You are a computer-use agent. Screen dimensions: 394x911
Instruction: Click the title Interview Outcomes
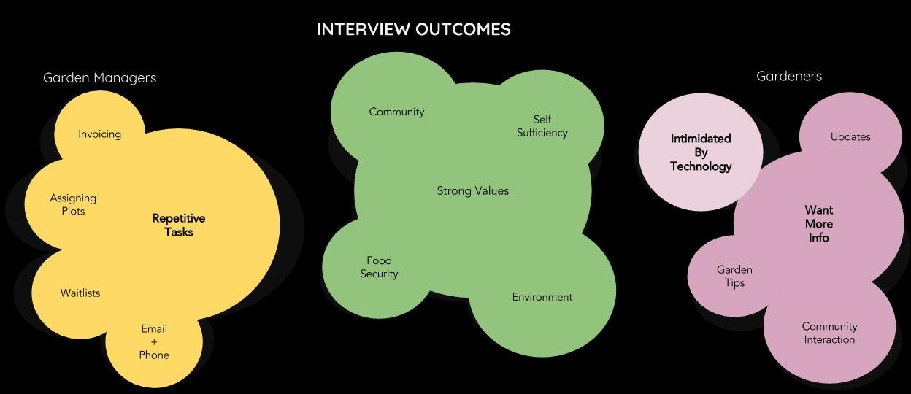click(413, 29)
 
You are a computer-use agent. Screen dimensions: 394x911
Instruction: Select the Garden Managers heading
click(99, 77)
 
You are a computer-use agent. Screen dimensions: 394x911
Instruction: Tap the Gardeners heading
click(788, 76)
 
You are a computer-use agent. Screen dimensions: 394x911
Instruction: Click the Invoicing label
click(99, 134)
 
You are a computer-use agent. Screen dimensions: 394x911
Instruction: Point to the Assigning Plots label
click(73, 204)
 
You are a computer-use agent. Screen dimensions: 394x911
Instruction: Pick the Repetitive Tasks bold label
click(178, 225)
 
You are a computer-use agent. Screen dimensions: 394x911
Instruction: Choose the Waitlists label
click(80, 293)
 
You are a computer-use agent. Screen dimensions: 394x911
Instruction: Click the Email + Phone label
click(154, 341)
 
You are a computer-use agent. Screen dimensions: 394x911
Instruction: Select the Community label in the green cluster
click(396, 112)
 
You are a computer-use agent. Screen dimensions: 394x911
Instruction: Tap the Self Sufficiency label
click(542, 125)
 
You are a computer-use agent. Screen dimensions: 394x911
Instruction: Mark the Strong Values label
click(472, 191)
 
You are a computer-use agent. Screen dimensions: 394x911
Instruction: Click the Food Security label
click(379, 267)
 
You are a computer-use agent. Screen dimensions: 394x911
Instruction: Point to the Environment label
click(542, 297)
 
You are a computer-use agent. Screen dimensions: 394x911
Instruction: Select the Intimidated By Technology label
click(701, 152)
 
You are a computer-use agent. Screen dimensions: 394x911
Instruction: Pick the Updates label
click(850, 137)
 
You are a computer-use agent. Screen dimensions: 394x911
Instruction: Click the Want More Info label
click(818, 224)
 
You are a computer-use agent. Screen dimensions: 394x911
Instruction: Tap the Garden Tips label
click(734, 276)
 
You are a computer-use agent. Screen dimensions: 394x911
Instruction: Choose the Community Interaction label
click(829, 333)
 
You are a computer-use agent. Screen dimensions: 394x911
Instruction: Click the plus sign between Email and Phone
click(154, 342)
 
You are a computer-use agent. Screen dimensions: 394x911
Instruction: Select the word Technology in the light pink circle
click(701, 166)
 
